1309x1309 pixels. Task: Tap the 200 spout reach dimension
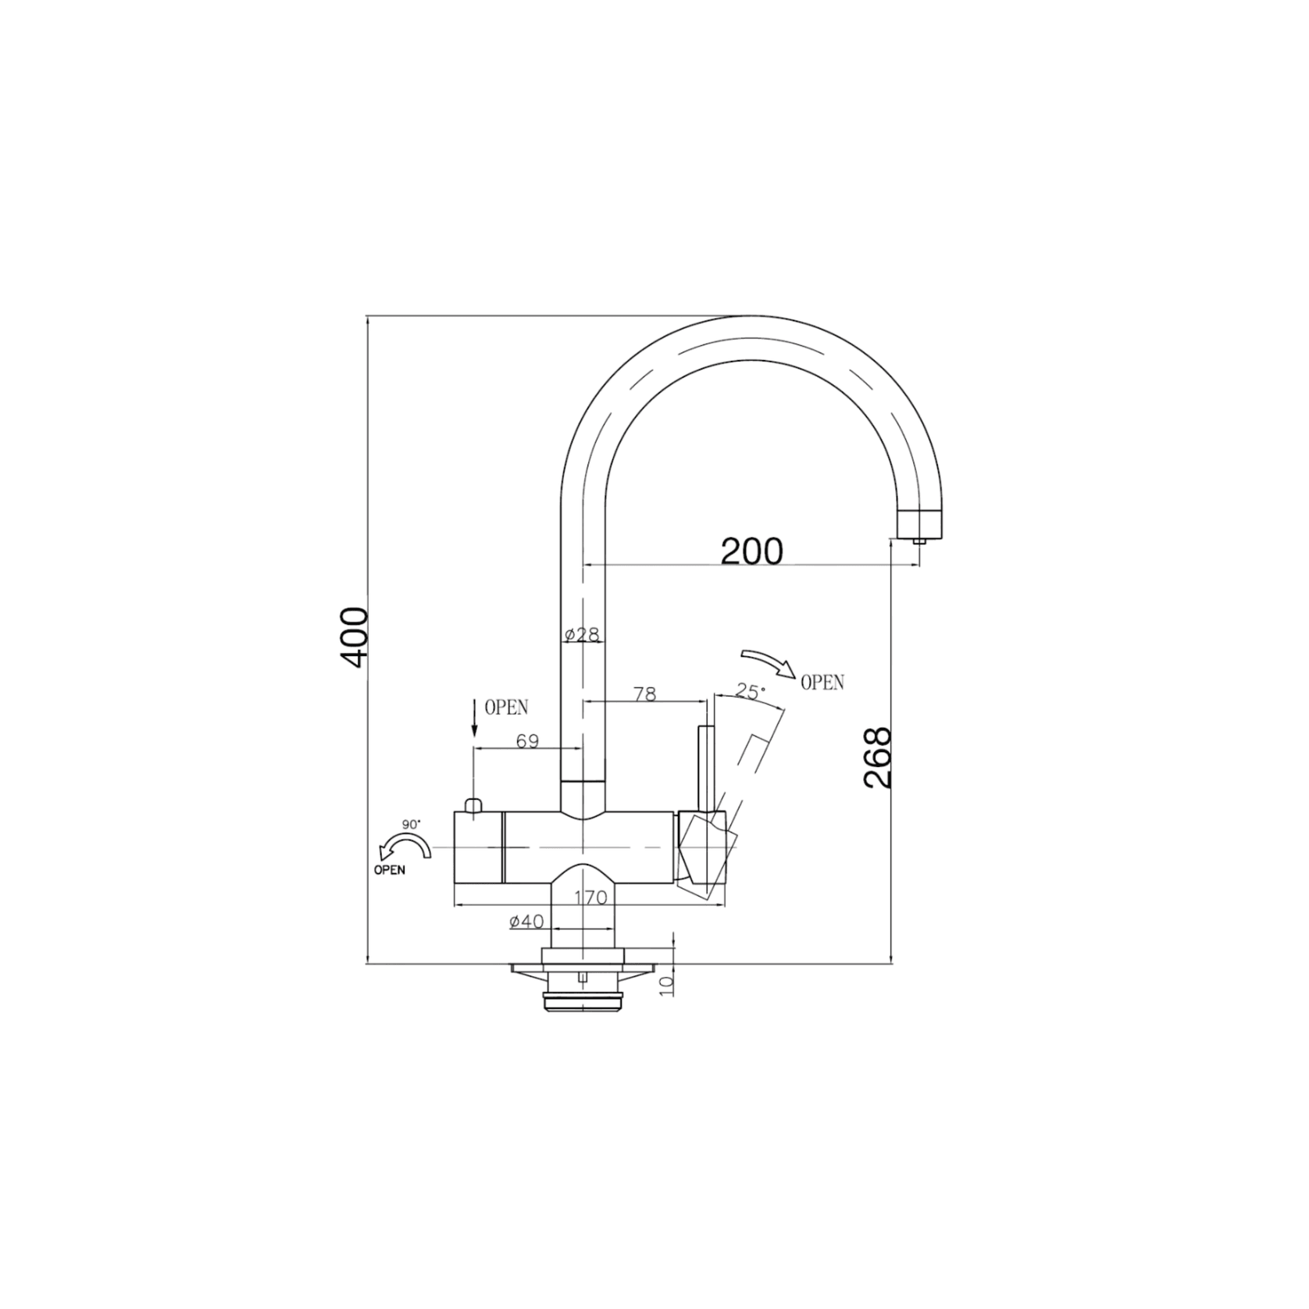(x=751, y=551)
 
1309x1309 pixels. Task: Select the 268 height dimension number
(x=878, y=758)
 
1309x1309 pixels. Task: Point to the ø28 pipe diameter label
(x=582, y=634)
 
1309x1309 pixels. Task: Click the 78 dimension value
(x=645, y=694)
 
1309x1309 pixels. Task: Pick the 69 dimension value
(x=528, y=740)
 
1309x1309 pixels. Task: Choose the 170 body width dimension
(x=590, y=898)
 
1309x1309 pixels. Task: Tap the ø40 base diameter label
(x=526, y=922)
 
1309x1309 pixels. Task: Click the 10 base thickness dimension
(x=666, y=986)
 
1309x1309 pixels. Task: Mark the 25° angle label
(x=751, y=691)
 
